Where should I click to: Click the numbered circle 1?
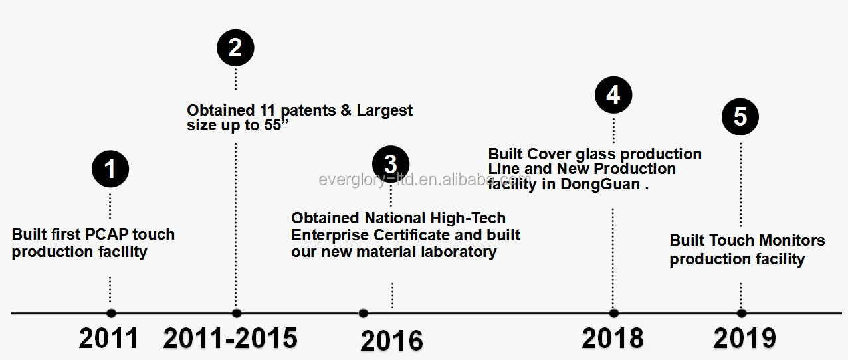point(110,169)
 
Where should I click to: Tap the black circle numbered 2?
point(235,48)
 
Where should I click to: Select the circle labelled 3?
point(391,164)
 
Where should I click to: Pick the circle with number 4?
point(613,94)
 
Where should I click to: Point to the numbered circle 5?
point(740,118)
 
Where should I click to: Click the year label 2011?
point(108,338)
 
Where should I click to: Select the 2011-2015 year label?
point(230,338)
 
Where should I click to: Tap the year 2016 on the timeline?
point(391,341)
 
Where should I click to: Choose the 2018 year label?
point(612,338)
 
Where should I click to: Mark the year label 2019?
point(744,338)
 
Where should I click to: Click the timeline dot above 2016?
point(363,313)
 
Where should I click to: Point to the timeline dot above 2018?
point(613,313)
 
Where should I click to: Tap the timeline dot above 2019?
point(741,313)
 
